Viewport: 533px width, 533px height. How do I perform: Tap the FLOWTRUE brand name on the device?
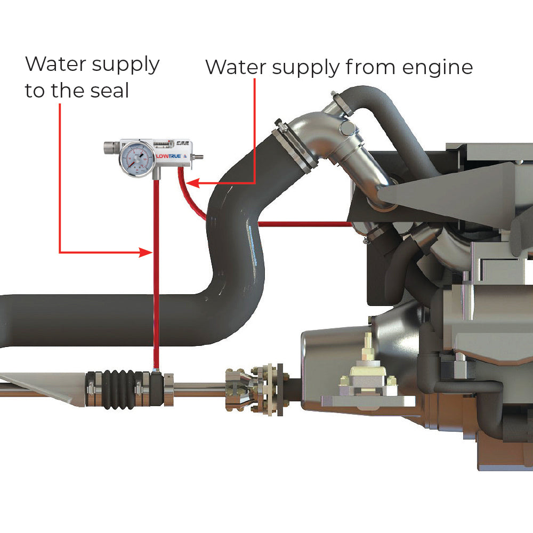pyautogui.click(x=168, y=157)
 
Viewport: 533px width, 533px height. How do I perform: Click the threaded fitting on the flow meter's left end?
pyautogui.click(x=111, y=147)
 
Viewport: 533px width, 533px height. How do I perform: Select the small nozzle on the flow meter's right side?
pyautogui.click(x=200, y=157)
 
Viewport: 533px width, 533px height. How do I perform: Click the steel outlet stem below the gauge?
pyautogui.click(x=155, y=173)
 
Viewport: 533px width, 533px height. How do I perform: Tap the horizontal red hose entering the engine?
pyautogui.click(x=304, y=224)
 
